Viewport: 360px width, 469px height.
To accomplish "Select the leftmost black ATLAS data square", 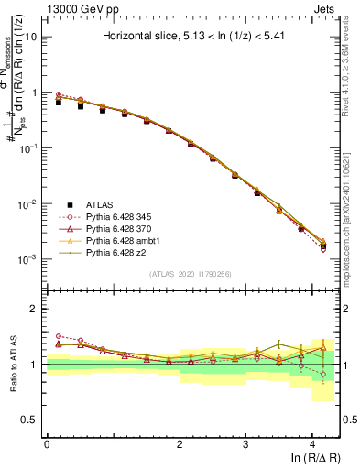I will click(59, 103).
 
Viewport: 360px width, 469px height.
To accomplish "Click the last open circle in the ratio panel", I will click(322, 375).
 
